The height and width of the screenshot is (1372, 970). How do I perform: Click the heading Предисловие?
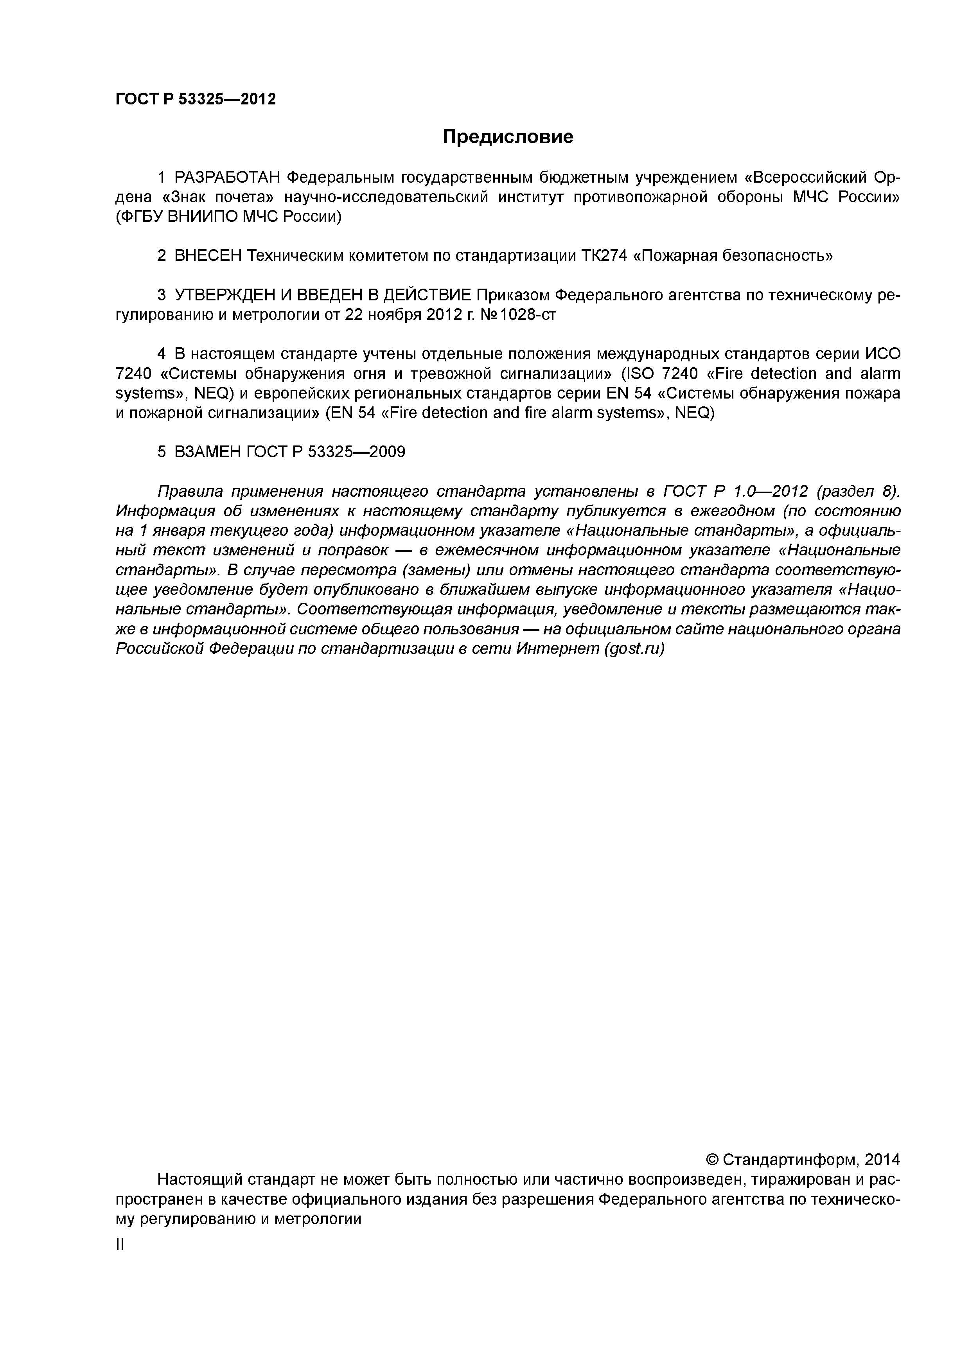pos(507,137)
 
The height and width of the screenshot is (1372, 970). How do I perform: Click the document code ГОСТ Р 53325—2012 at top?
pos(196,99)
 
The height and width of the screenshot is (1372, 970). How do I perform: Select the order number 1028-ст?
pos(528,314)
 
